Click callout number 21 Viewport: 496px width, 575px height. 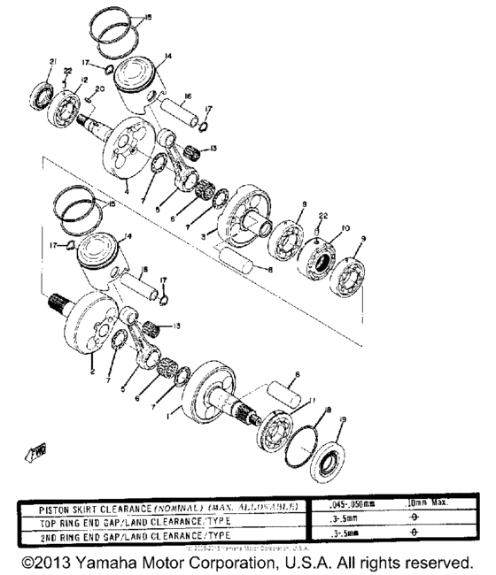[x=52, y=60]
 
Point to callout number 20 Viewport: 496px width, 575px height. [x=100, y=89]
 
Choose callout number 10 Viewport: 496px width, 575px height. [x=345, y=227]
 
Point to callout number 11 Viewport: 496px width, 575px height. [x=311, y=400]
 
